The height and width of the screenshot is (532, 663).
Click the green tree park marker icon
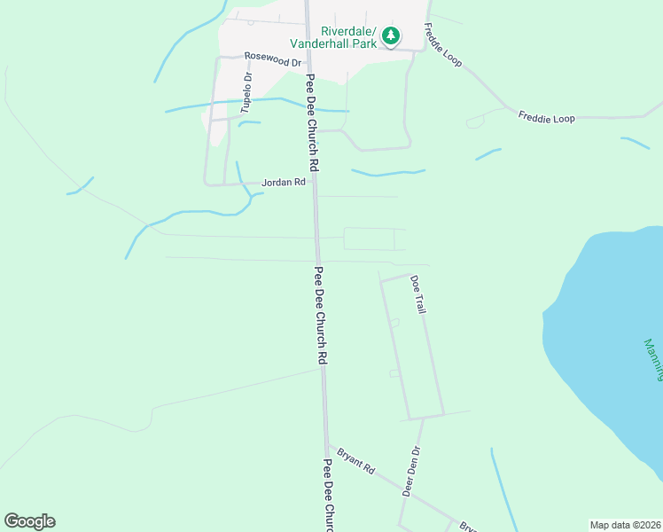[390, 36]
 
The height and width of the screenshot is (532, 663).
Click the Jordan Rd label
[283, 182]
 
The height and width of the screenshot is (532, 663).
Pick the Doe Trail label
[418, 294]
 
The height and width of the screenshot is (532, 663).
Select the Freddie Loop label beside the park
[443, 47]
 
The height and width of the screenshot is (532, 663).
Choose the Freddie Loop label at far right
[546, 117]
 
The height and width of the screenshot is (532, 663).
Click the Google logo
[29, 521]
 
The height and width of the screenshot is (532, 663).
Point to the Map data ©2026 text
[625, 524]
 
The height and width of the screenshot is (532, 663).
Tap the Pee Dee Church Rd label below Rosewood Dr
[311, 121]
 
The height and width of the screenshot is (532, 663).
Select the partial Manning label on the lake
[653, 359]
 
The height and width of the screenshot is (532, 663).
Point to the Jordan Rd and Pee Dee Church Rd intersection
[314, 184]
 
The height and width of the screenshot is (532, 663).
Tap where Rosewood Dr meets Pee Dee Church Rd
[308, 62]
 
